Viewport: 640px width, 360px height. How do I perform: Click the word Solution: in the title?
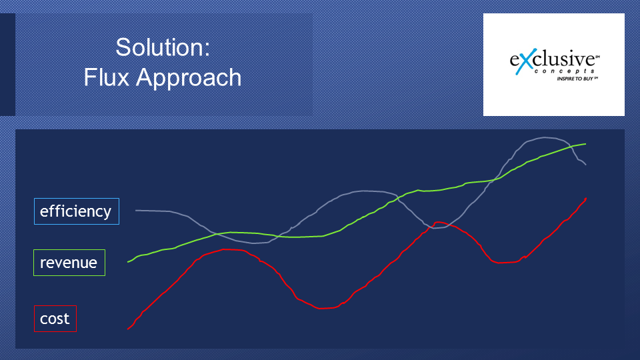pos(163,47)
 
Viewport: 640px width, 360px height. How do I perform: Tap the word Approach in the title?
pos(189,78)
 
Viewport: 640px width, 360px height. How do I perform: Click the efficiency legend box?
pos(76,211)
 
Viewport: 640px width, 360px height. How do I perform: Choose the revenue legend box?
pos(69,263)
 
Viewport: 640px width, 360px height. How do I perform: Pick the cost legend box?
pos(55,319)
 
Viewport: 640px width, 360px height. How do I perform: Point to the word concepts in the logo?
pos(564,71)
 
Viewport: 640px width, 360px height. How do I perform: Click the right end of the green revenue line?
pos(586,144)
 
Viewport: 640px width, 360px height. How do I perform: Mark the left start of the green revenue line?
pos(128,261)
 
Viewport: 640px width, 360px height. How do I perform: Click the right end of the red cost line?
pos(586,199)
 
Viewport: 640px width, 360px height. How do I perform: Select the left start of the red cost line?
pos(128,329)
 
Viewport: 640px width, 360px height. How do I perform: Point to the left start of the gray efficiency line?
pos(136,210)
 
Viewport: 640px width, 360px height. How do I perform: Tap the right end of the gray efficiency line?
pos(586,165)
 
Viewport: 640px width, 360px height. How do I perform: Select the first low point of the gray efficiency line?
pos(254,243)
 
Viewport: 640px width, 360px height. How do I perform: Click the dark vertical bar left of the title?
pos(7,65)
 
